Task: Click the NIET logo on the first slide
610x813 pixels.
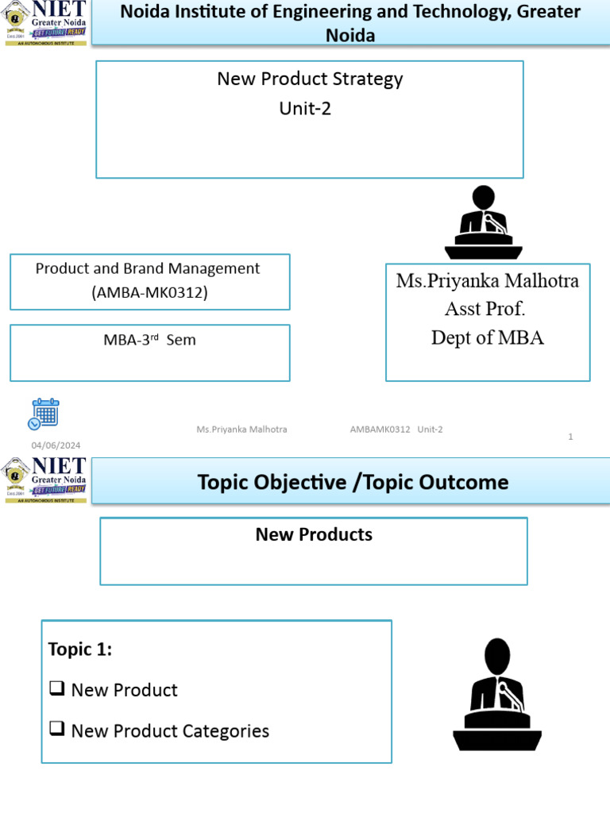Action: pos(44,23)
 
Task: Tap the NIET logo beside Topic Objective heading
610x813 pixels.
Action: pos(44,480)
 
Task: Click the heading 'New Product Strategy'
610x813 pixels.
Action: pos(310,79)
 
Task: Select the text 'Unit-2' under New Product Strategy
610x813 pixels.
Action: pos(305,109)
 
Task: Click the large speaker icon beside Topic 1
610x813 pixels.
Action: pos(497,695)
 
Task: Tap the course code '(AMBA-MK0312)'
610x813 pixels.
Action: pos(149,293)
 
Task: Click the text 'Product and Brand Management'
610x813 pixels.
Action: pos(148,268)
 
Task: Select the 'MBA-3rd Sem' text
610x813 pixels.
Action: pos(149,341)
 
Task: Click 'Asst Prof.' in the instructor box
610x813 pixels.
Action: pos(485,309)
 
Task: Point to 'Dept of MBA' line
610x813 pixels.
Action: pos(487,337)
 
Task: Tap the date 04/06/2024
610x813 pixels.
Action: pos(56,445)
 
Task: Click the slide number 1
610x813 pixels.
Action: pos(570,436)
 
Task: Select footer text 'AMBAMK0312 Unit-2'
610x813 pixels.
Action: pos(396,430)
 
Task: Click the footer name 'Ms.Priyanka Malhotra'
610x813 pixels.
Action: pos(241,430)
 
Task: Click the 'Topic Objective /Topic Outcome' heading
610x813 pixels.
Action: pos(353,482)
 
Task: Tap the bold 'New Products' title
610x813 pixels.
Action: pos(314,534)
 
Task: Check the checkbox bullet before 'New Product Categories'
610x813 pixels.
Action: pos(56,730)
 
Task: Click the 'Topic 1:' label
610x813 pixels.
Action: pos(80,649)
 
